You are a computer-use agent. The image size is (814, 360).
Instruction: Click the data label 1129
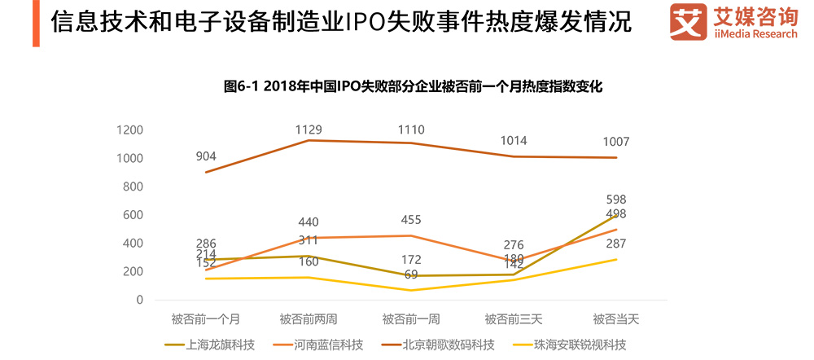pyautogui.click(x=309, y=129)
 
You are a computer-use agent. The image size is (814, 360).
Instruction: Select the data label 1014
pyautogui.click(x=513, y=141)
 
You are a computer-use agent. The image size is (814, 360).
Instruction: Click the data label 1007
pyautogui.click(x=615, y=142)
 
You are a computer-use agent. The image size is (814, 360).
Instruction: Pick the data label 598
pyautogui.click(x=615, y=200)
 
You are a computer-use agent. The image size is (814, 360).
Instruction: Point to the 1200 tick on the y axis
pyautogui.click(x=129, y=130)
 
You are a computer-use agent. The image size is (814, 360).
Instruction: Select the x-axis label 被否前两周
pyautogui.click(x=309, y=318)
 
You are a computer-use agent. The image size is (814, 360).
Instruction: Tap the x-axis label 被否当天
pyautogui.click(x=615, y=318)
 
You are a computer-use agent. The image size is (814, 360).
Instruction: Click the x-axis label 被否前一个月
pyautogui.click(x=205, y=318)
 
